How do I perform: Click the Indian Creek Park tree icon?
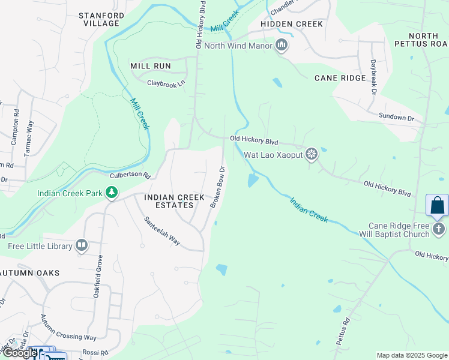click(x=111, y=193)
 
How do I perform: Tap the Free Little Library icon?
click(x=82, y=245)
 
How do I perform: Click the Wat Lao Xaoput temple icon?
click(x=311, y=154)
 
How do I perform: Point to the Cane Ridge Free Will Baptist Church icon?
click(x=439, y=229)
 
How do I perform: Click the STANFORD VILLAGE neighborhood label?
click(x=101, y=19)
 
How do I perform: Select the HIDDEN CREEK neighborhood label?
click(x=292, y=24)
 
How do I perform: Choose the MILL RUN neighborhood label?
click(x=151, y=66)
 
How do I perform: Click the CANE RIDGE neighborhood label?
click(x=340, y=78)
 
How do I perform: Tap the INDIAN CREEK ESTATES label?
click(x=167, y=201)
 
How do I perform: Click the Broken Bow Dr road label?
click(x=217, y=187)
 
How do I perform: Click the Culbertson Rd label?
click(x=129, y=176)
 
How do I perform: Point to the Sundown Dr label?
click(x=396, y=116)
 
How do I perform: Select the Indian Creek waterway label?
click(x=309, y=209)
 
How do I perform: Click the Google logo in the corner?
click(x=20, y=353)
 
